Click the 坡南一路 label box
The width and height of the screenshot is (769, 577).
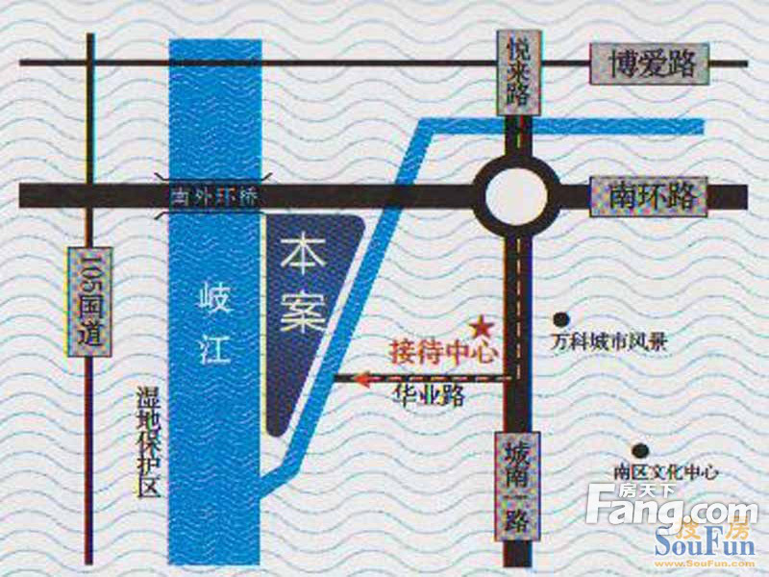point(518,481)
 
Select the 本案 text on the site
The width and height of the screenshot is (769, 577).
point(304,285)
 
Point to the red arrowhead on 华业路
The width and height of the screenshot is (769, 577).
point(362,379)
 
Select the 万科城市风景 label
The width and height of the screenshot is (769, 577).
point(608,340)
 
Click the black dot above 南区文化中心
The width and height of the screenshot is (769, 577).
point(637,449)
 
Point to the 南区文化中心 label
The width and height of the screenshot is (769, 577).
point(665,471)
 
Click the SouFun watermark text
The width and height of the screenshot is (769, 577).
point(705,545)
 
